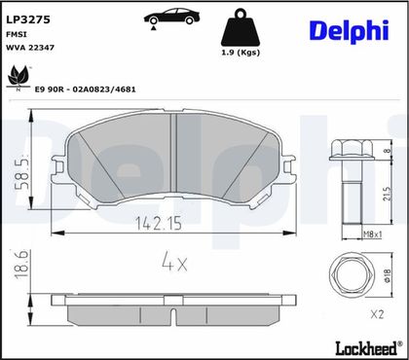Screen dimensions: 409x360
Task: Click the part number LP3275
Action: click(28, 19)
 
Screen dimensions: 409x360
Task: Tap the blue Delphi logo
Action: click(349, 31)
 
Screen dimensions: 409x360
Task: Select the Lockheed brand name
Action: click(367, 348)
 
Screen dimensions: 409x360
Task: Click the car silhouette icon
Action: click(171, 18)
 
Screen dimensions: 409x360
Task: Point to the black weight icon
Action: click(241, 27)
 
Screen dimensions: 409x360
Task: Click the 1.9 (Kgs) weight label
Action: click(241, 53)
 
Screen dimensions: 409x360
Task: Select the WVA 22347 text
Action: click(30, 48)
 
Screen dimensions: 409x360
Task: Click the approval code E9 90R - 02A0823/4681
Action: click(85, 90)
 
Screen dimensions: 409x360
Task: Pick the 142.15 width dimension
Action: click(158, 223)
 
